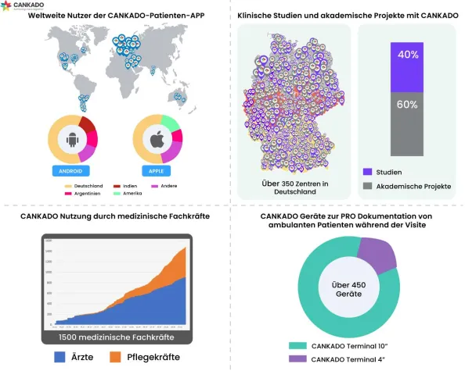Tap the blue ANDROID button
click(75, 169)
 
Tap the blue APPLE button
click(157, 169)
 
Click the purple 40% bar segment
click(407, 56)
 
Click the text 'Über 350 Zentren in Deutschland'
click(295, 188)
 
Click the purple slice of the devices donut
click(379, 255)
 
